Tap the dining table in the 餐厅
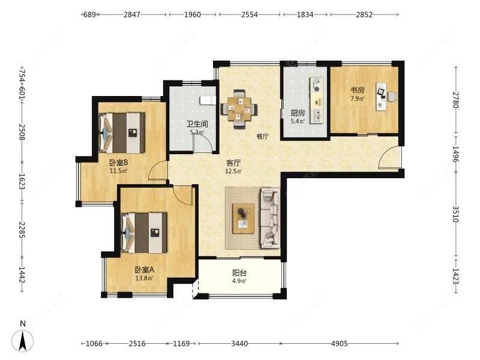(239, 109)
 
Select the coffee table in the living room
(244, 218)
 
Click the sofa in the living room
(270, 218)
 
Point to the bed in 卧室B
(122, 133)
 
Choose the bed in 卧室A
(144, 233)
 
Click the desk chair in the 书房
(393, 97)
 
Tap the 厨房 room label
(298, 113)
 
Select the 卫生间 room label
(197, 124)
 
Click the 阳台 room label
(239, 272)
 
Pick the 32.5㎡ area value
(233, 171)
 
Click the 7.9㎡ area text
(358, 98)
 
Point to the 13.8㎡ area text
(144, 278)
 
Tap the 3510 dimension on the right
(455, 214)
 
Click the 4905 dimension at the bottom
(339, 343)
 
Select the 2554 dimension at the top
(250, 14)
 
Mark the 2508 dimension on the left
(22, 132)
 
